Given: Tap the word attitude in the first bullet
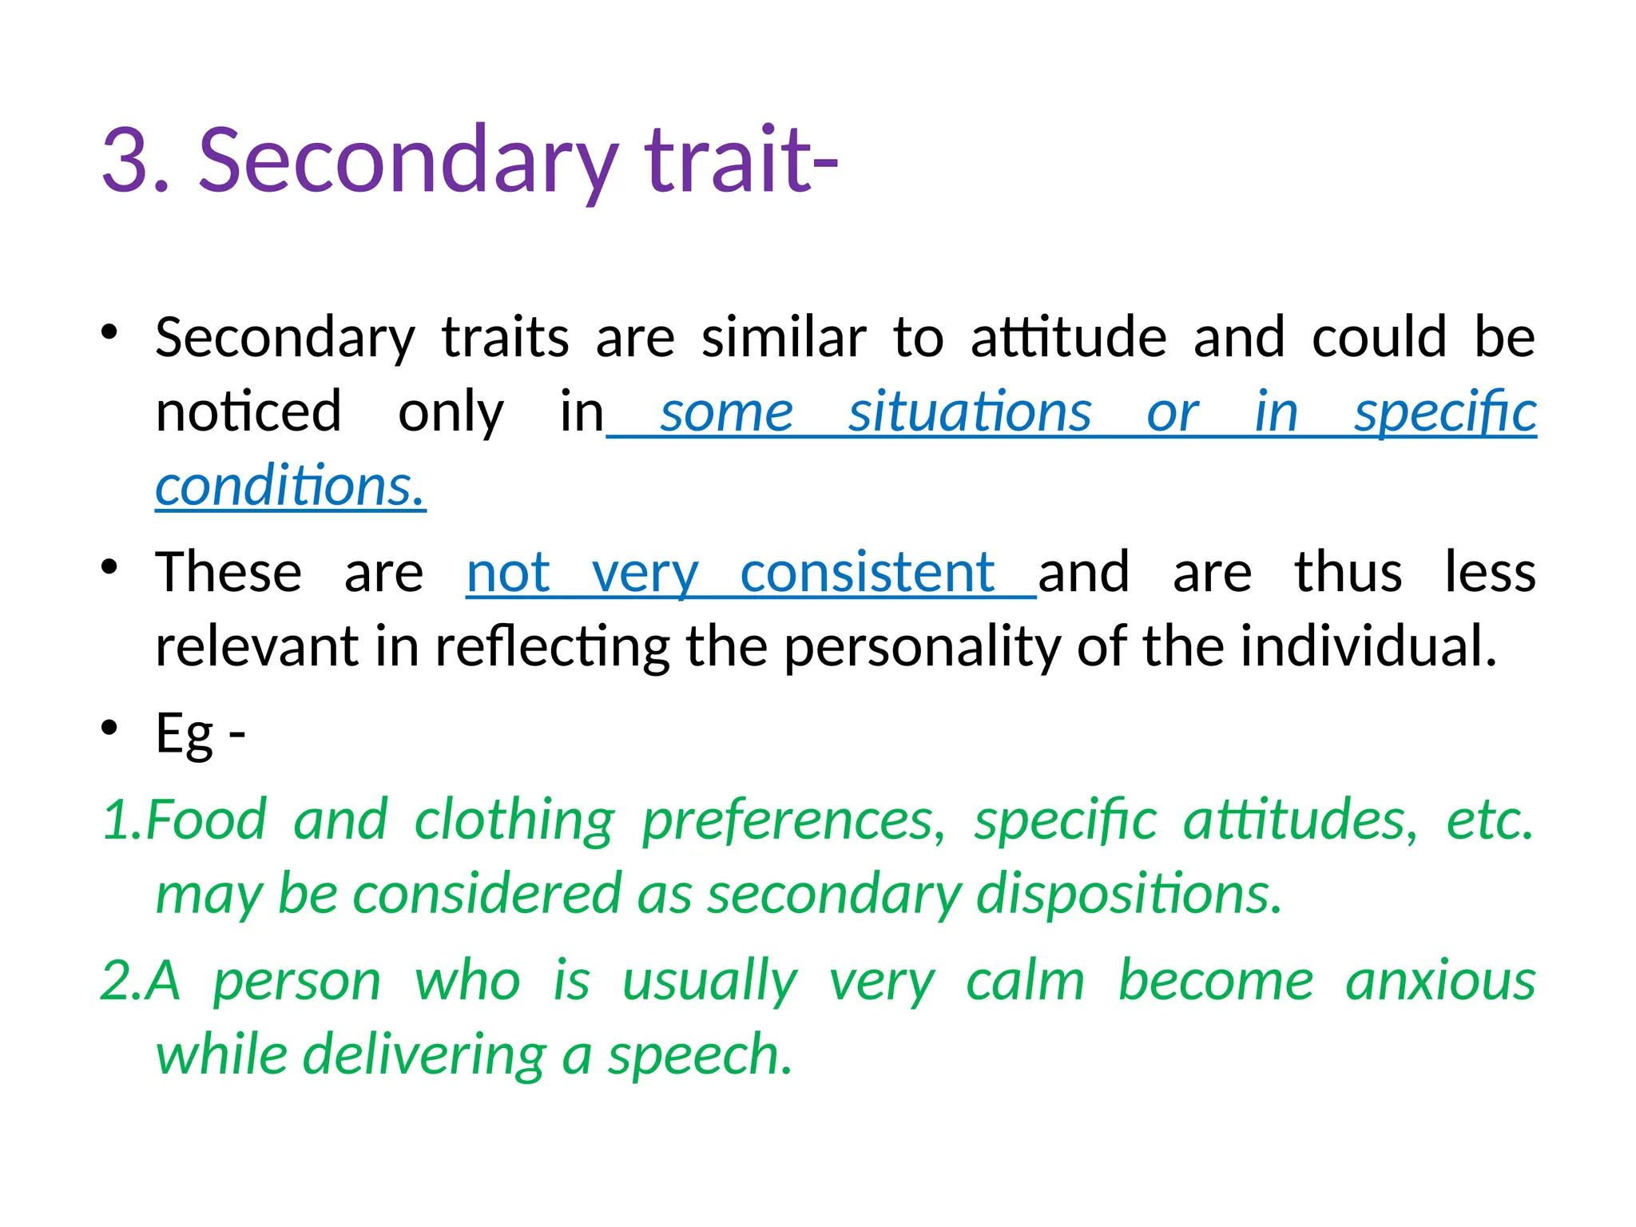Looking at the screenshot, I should point(1068,337).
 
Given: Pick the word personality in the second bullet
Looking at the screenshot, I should point(922,646).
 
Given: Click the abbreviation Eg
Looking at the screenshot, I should point(185,733).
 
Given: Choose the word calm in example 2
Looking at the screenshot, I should point(1025,980).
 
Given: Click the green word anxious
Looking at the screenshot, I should point(1439,980).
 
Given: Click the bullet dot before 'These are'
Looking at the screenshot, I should point(109,568).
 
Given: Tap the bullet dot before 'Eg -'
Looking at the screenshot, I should point(109,729).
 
